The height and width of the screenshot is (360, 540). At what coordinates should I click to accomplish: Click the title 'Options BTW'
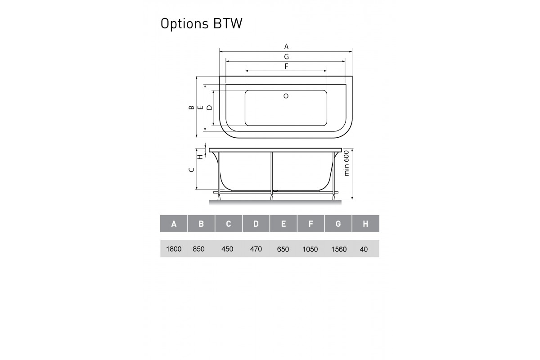click(x=201, y=23)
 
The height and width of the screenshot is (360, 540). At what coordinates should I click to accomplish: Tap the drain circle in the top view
click(x=286, y=95)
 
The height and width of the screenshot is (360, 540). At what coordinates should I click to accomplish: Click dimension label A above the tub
click(x=286, y=46)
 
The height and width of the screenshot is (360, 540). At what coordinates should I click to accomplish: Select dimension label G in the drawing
click(x=286, y=57)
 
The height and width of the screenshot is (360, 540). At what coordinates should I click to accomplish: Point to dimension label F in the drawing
click(x=286, y=67)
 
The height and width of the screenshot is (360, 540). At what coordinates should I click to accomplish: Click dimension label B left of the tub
click(x=191, y=107)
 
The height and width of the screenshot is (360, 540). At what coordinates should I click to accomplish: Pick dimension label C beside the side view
click(x=191, y=170)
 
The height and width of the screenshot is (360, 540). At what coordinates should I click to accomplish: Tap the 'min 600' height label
click(x=346, y=163)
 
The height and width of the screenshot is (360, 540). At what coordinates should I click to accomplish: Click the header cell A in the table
click(x=174, y=224)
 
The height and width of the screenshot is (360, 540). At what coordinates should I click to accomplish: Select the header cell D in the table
click(x=256, y=224)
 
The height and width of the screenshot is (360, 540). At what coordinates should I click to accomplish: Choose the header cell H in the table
click(x=365, y=224)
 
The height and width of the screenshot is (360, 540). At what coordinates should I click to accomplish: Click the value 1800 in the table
click(x=174, y=249)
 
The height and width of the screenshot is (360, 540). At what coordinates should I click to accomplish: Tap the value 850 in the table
click(x=198, y=249)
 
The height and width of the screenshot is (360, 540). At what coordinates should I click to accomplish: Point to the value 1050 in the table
click(x=310, y=249)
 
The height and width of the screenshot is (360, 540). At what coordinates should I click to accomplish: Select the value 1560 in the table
click(x=338, y=249)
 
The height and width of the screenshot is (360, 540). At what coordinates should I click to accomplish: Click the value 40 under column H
click(x=364, y=249)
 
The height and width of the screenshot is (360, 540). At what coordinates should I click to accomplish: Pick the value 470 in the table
click(x=256, y=249)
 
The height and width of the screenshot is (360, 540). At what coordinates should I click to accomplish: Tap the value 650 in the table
click(x=283, y=249)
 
